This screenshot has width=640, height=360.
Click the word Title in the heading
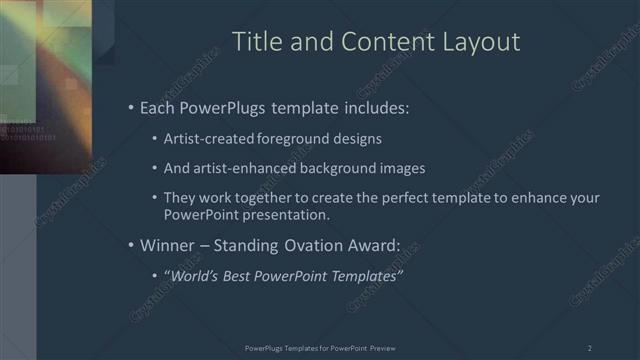254,42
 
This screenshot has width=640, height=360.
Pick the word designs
355,138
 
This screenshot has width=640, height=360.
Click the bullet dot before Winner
131,245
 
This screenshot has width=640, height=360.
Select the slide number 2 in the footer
589,348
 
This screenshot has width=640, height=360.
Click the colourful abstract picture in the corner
46,85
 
